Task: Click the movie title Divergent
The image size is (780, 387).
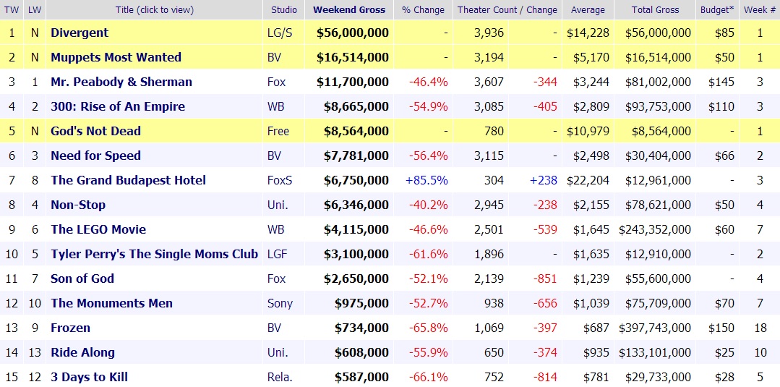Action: point(80,33)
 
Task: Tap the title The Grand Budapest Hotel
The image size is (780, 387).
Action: point(128,180)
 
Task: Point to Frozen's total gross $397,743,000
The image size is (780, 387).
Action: point(655,328)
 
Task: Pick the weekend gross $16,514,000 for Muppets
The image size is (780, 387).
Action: point(353,57)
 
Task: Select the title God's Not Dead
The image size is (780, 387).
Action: point(95,131)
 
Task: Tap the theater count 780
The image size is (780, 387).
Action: point(493,131)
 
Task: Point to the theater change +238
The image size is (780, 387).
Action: point(544,180)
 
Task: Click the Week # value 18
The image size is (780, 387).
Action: point(760,328)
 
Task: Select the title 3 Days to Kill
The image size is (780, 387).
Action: point(89,377)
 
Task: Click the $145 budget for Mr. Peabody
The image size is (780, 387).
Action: point(721,82)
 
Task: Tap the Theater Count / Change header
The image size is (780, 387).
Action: point(507,10)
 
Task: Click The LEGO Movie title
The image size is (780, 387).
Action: point(98,229)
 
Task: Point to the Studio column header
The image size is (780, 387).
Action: point(283,10)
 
